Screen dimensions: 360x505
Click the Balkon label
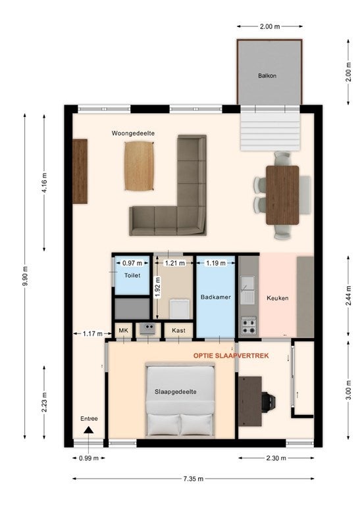pyautogui.click(x=267, y=76)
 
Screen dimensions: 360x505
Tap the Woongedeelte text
pyautogui.click(x=133, y=133)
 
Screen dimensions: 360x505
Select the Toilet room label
pyautogui.click(x=132, y=276)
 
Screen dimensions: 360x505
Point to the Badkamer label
pyautogui.click(x=216, y=297)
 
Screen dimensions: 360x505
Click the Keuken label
pyautogui.click(x=278, y=299)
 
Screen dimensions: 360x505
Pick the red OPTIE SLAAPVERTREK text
pyautogui.click(x=231, y=356)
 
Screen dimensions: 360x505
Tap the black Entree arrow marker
pyautogui.click(x=89, y=430)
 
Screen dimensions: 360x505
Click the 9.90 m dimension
pyautogui.click(x=26, y=276)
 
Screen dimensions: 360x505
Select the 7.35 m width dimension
pyautogui.click(x=193, y=479)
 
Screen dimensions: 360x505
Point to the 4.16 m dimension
pyautogui.click(x=44, y=183)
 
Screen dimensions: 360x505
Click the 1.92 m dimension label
pyautogui.click(x=157, y=287)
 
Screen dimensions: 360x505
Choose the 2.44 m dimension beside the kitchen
pyautogui.click(x=348, y=296)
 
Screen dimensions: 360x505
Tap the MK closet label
pyautogui.click(x=124, y=331)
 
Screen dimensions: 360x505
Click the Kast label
pyautogui.click(x=178, y=331)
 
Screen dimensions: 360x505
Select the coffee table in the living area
pyautogui.click(x=139, y=166)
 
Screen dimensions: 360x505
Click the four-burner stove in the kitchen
pyautogui.click(x=249, y=326)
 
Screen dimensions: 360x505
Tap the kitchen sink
pyautogui.click(x=247, y=290)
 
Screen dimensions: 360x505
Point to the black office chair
pyautogui.click(x=268, y=402)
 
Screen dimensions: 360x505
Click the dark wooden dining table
pyautogui.click(x=282, y=195)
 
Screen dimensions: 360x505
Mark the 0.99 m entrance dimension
pyautogui.click(x=89, y=458)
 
